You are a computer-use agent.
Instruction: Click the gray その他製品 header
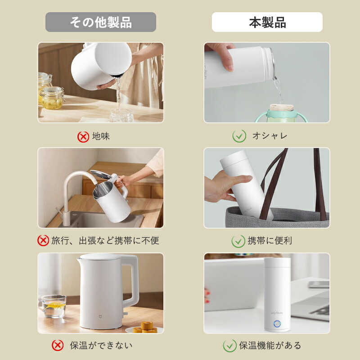pyautogui.click(x=101, y=22)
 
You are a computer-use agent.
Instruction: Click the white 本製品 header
pyautogui.click(x=267, y=22)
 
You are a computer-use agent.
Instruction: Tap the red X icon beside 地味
pyautogui.click(x=83, y=137)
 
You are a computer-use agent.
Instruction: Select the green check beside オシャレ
pyautogui.click(x=239, y=136)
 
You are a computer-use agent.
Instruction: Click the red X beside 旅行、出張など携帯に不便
pyautogui.click(x=43, y=240)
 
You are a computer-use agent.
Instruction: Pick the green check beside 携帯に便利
pyautogui.click(x=238, y=241)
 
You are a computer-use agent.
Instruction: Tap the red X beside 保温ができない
pyautogui.click(x=58, y=345)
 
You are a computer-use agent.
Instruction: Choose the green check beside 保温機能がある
pyautogui.click(x=229, y=346)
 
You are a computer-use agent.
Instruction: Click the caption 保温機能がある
pyautogui.click(x=270, y=345)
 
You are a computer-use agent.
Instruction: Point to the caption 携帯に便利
pyautogui.click(x=270, y=241)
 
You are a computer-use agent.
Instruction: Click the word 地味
pyautogui.click(x=101, y=136)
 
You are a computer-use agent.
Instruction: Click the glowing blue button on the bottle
pyautogui.click(x=277, y=324)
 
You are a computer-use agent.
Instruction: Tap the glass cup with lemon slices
pyautogui.click(x=53, y=306)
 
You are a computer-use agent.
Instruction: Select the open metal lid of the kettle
pyautogui.click(x=101, y=175)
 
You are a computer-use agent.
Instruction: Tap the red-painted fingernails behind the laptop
pyautogui.click(x=207, y=297)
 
